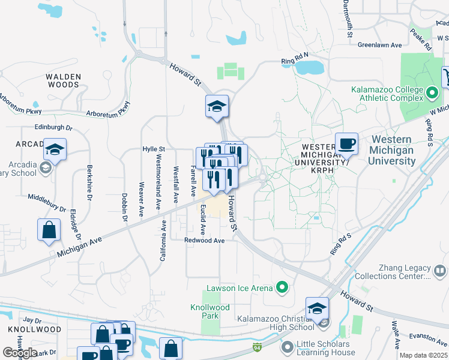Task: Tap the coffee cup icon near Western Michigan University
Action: tap(346, 145)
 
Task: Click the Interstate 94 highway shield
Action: tap(258, 347)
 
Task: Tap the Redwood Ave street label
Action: tap(205, 240)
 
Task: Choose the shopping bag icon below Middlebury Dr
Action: tap(49, 229)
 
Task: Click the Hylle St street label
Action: tap(153, 149)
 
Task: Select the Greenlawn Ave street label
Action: tap(379, 45)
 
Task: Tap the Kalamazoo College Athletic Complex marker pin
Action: tap(432, 92)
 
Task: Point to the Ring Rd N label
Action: tap(294, 61)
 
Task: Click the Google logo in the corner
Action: tap(20, 353)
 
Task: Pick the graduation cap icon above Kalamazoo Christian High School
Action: tap(317, 308)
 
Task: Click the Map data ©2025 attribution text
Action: tap(423, 355)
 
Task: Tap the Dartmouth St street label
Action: tap(348, 17)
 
